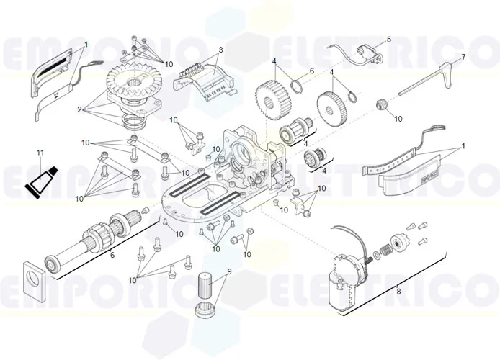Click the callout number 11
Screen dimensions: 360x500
40,153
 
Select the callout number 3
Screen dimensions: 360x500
221,50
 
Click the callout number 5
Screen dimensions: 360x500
388,40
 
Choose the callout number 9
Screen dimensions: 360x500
229,271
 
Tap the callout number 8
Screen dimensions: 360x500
398,291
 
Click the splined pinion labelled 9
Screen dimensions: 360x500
207,292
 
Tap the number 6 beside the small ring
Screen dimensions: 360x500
312,71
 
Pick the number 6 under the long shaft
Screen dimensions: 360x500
112,255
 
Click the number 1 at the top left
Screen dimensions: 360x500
86,45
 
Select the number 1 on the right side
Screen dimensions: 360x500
463,145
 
